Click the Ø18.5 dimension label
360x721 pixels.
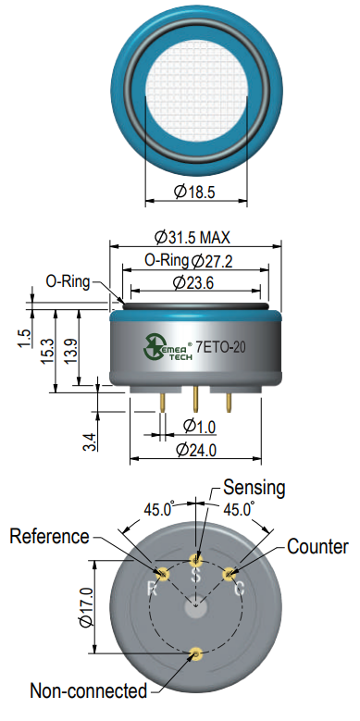pyautogui.click(x=194, y=192)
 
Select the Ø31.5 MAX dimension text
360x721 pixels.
pyautogui.click(x=192, y=238)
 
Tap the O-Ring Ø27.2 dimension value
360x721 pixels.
pyautogui.click(x=189, y=261)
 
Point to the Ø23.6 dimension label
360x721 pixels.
pyautogui.click(x=193, y=283)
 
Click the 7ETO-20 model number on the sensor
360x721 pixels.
pyautogui.click(x=220, y=347)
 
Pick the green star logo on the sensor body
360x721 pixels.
pyautogui.click(x=153, y=346)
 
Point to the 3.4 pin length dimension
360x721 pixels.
pyautogui.click(x=92, y=441)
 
